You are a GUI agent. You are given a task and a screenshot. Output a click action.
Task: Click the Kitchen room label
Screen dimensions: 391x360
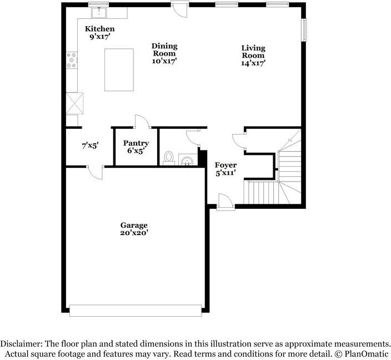pos(100,29)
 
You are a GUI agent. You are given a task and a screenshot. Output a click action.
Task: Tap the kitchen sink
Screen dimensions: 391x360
pos(99,13)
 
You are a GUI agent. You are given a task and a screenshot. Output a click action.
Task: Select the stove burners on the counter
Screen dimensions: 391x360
pos(72,60)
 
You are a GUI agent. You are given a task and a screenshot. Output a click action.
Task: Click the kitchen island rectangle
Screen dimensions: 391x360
pos(119,70)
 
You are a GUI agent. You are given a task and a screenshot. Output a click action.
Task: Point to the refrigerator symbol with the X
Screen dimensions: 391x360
pos(75,103)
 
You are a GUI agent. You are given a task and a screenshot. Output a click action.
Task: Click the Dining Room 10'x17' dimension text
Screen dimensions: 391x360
pos(164,61)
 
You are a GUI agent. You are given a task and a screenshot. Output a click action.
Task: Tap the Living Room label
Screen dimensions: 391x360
pos(253,52)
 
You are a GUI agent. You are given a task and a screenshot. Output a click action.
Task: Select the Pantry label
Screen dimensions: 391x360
pos(136,143)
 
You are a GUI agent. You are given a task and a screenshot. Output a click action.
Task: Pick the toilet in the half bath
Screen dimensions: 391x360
pos(169,158)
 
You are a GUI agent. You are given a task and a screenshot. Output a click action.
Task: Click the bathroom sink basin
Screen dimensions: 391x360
pos(187,161)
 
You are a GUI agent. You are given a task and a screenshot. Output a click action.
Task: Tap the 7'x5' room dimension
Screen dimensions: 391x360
pos(91,146)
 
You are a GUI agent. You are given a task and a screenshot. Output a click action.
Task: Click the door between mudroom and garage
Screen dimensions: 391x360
pos(96,172)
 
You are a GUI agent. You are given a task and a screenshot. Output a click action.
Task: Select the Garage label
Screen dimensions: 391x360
pos(134,226)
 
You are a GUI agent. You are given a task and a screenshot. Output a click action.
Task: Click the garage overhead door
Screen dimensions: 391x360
pos(136,311)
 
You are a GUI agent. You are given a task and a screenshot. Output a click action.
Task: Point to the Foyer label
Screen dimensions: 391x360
pos(225,165)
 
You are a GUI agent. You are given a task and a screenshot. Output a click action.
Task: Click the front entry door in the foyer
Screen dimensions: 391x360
pos(225,202)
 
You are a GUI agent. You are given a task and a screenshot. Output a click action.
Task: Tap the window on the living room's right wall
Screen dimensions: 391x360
pos(304,30)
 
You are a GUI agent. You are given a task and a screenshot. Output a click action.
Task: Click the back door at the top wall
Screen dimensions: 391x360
pos(179,9)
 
